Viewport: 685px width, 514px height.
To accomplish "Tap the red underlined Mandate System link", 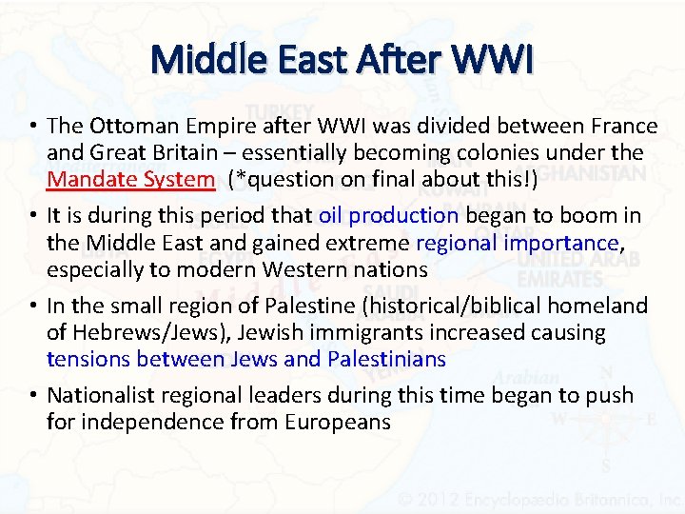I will (x=131, y=179).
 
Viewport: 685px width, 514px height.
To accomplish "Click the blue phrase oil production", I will (x=388, y=215).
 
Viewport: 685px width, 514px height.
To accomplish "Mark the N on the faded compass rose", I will (x=605, y=373).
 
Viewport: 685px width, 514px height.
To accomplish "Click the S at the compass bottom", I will (x=606, y=465).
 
